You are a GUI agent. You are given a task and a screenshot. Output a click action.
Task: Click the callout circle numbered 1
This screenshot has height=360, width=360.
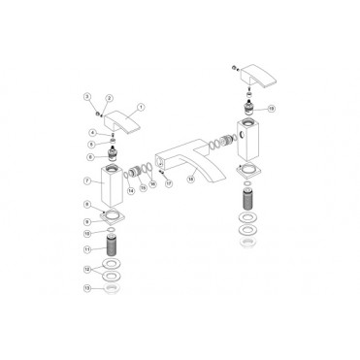pos(142,108)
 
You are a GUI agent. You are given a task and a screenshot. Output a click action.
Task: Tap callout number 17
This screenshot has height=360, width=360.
pos(168,181)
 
